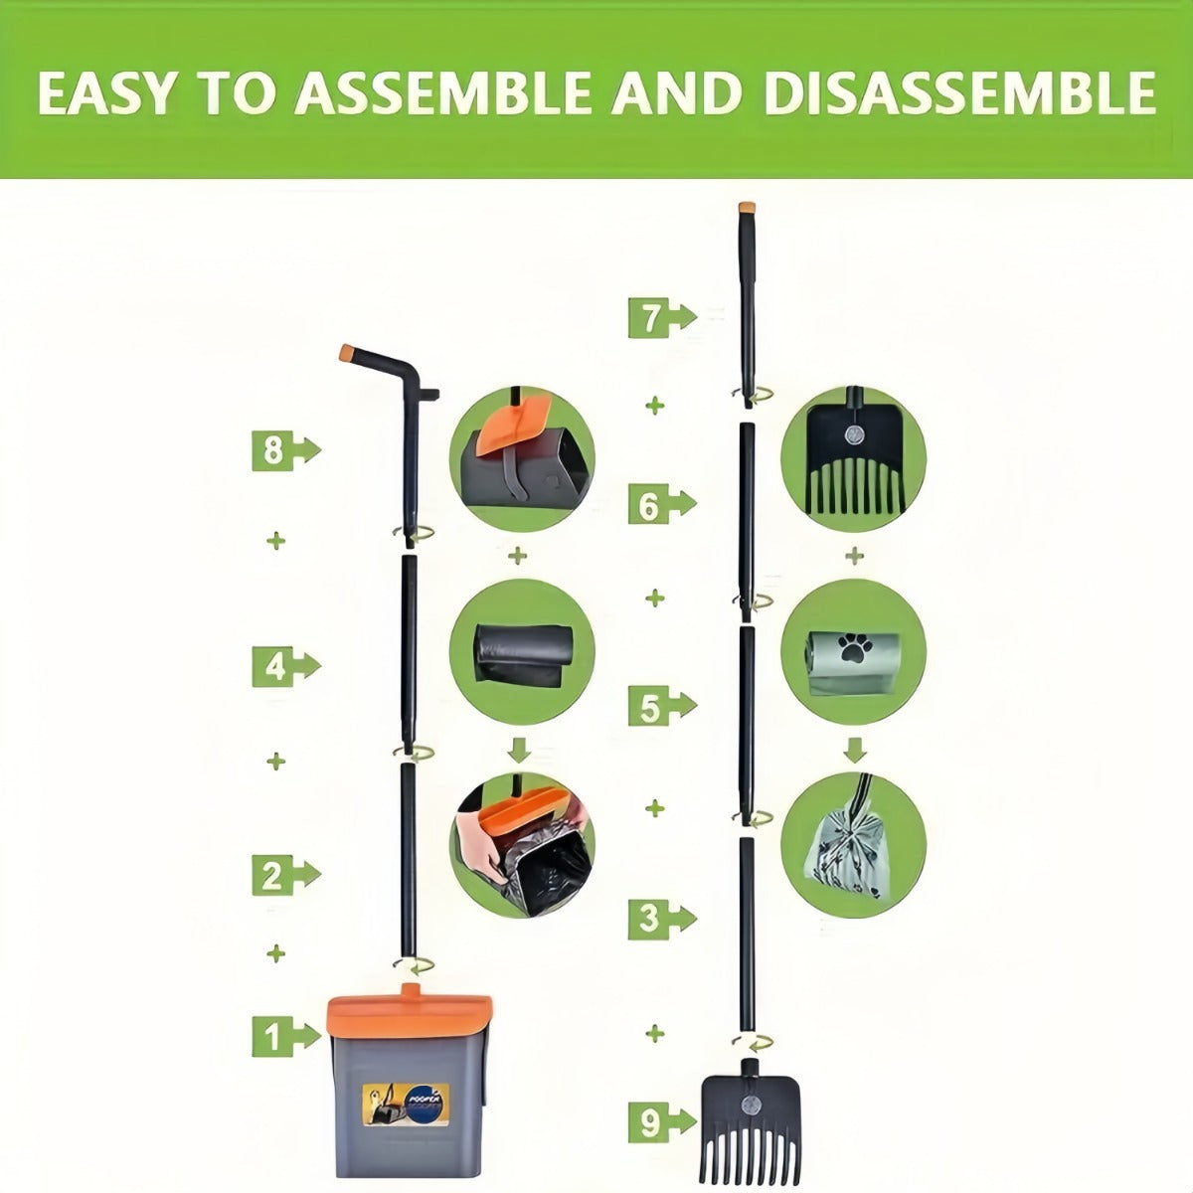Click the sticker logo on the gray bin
point(405,1104)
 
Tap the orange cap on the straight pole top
point(747,209)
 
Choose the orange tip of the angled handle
point(349,352)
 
